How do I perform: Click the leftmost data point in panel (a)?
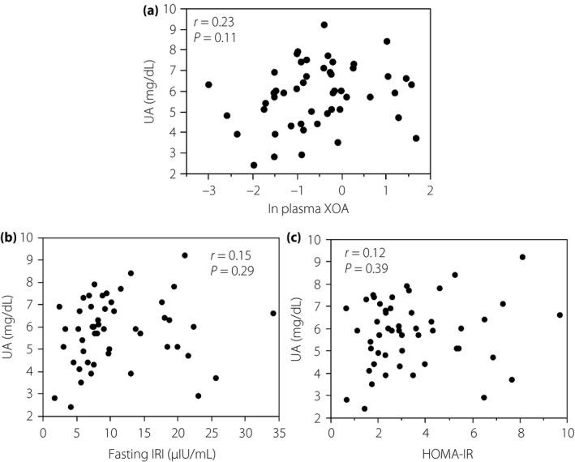coord(208,84)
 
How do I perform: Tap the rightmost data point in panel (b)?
coord(273,313)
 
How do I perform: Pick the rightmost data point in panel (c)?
coord(560,314)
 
